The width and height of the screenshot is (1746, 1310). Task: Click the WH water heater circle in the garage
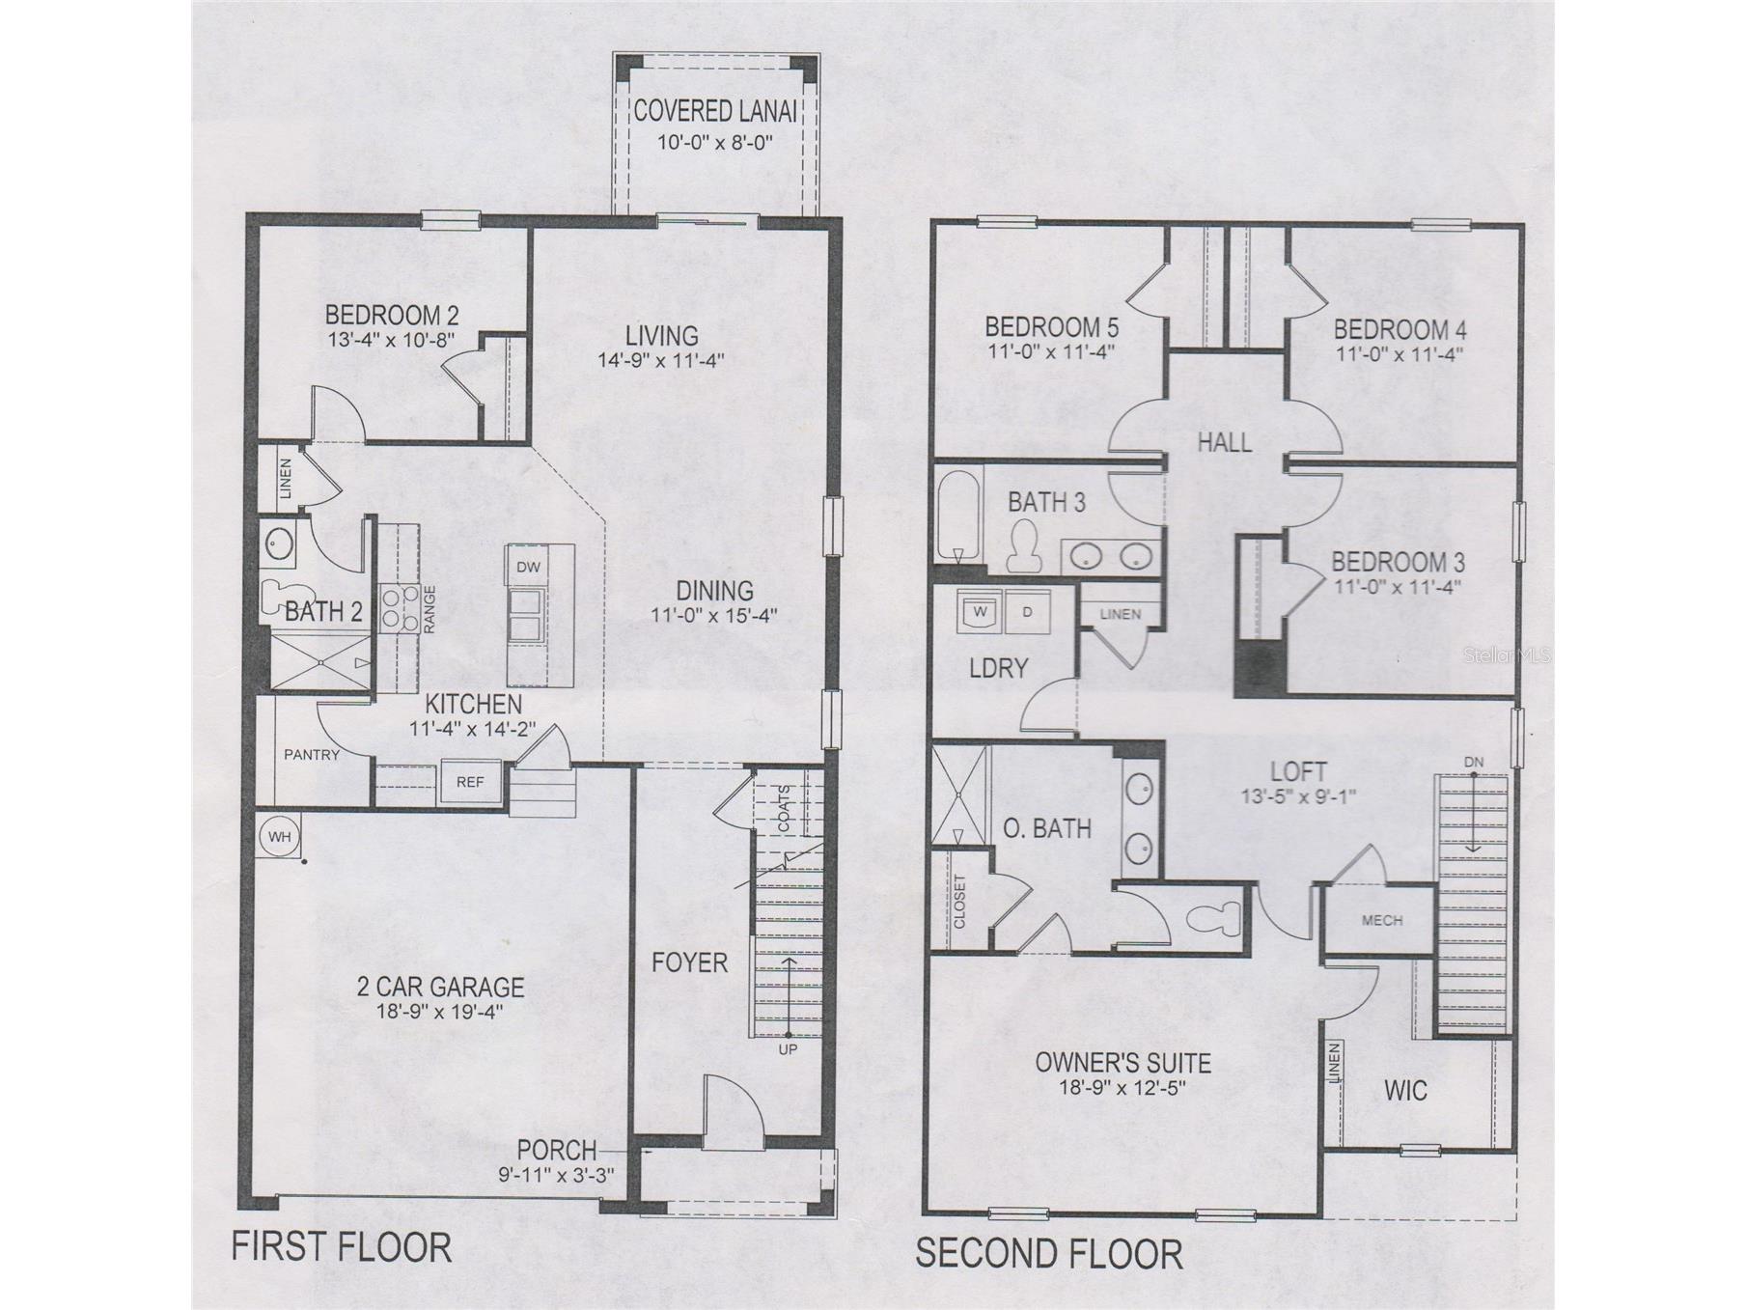point(280,837)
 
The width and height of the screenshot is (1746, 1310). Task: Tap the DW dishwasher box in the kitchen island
point(528,567)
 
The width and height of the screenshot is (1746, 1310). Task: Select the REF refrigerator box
point(470,781)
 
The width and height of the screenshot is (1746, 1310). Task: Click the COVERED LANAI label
point(715,111)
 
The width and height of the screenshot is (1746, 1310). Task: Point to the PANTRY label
point(312,755)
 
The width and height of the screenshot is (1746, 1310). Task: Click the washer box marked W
point(981,611)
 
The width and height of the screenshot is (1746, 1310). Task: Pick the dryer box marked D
point(1027,611)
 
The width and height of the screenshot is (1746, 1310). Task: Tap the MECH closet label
point(1381,920)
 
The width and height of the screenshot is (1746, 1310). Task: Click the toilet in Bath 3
point(1022,545)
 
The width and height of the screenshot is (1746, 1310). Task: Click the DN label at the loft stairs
point(1473,763)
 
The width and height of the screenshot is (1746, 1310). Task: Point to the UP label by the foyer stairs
point(788,1049)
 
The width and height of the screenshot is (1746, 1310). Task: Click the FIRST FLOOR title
point(341,1246)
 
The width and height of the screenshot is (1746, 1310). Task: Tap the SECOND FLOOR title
point(1048,1253)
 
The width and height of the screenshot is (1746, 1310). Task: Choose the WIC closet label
point(1405,1091)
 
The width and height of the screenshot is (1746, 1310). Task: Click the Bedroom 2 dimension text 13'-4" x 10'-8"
point(391,340)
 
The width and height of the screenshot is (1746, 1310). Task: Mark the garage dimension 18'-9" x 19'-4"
point(440,1012)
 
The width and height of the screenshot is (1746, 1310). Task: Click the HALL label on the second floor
point(1224,442)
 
